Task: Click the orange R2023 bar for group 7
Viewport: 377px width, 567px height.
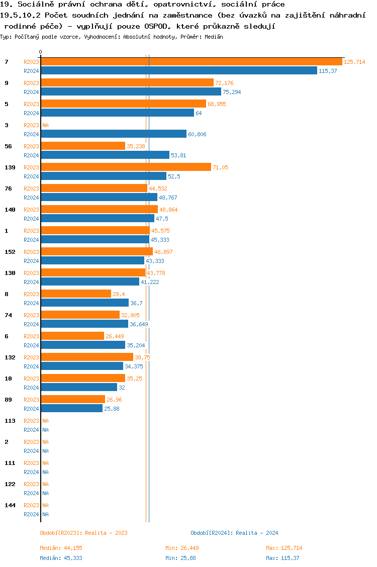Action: (x=191, y=62)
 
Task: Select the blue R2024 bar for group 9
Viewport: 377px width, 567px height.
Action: (x=131, y=92)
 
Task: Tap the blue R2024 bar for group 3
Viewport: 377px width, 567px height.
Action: (x=114, y=134)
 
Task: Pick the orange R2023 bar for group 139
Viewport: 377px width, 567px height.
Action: (x=126, y=167)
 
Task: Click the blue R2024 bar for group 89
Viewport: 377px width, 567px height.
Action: (x=71, y=409)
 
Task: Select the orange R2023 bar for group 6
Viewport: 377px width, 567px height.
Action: (x=72, y=336)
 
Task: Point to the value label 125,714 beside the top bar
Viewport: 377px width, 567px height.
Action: (x=354, y=62)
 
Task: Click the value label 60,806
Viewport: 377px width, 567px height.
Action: (x=197, y=134)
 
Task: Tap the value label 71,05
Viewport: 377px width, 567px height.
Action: (x=220, y=167)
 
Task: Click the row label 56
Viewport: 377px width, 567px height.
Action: (x=8, y=146)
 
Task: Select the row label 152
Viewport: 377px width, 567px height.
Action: (x=10, y=252)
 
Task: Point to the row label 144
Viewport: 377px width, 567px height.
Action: (x=10, y=505)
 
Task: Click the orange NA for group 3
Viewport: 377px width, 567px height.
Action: (x=45, y=125)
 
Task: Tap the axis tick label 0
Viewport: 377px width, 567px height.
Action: (x=41, y=52)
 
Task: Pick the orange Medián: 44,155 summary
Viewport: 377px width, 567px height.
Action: (x=61, y=548)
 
